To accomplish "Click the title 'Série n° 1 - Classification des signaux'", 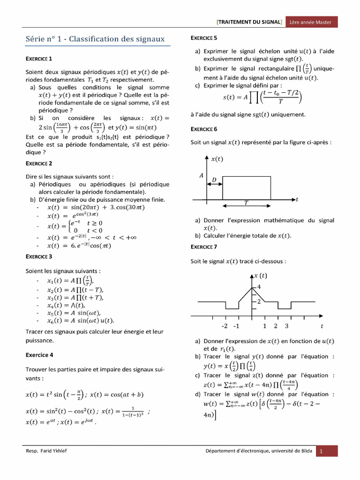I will [95, 39].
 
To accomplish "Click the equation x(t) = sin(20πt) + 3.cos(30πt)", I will [97, 207].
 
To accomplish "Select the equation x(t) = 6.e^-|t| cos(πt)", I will [79, 245].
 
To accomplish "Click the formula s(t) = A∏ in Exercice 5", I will [262, 97].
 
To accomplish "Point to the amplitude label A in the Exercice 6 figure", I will [201, 176].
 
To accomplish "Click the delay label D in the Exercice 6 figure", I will [214, 180].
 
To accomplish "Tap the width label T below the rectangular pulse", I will [246, 202].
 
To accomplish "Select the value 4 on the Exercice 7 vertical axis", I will [259, 286].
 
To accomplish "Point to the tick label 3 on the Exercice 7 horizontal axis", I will [286, 325].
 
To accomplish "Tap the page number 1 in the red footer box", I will [322, 451].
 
